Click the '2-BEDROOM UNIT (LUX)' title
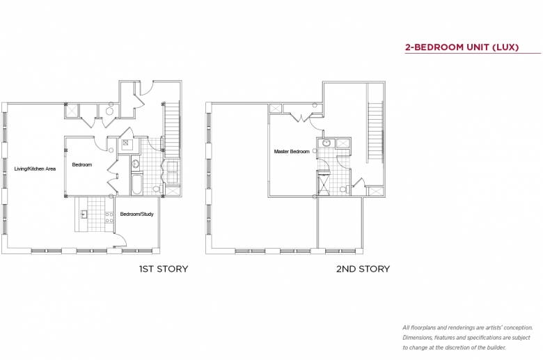[x=462, y=47]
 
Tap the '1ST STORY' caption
[x=164, y=269]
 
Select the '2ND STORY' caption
[x=363, y=269]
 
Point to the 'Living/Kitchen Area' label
[x=35, y=169]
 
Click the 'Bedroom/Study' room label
[x=136, y=214]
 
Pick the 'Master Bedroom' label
[x=292, y=151]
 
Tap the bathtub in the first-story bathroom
[x=136, y=184]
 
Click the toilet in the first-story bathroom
[x=157, y=189]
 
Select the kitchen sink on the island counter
[x=83, y=214]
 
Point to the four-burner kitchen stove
[x=109, y=217]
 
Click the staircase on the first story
[x=172, y=130]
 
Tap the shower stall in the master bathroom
[x=324, y=184]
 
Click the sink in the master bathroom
[x=326, y=143]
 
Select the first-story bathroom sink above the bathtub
[x=136, y=164]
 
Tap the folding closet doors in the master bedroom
[x=301, y=117]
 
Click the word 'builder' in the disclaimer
[x=496, y=347]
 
